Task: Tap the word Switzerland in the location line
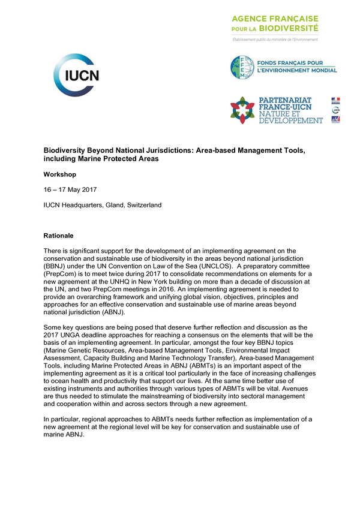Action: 142,205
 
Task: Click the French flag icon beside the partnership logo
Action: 335,100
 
